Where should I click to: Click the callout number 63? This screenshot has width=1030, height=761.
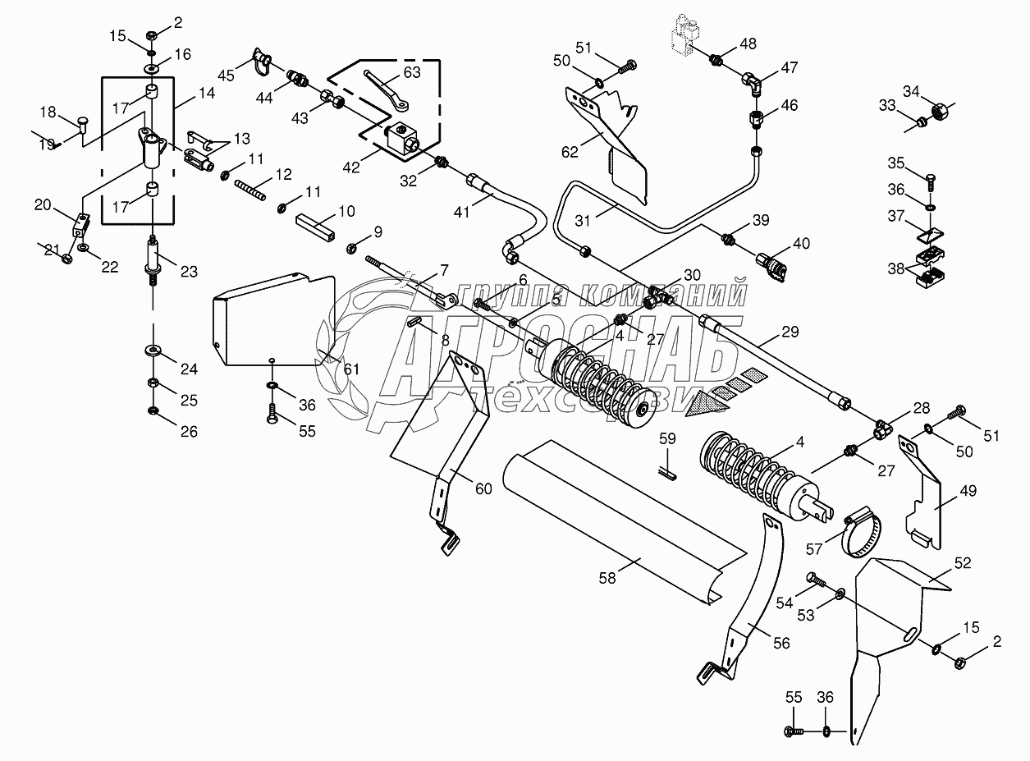[412, 71]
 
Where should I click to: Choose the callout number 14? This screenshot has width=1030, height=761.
[207, 94]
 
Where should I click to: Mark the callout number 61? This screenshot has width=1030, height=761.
[352, 369]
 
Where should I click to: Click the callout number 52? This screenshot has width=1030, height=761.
[963, 562]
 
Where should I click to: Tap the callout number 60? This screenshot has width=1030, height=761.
[483, 489]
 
